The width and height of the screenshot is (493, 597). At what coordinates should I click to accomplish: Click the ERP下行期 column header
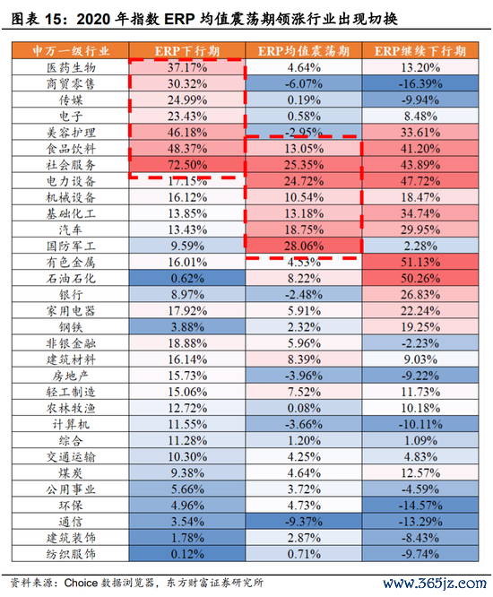coord(187,50)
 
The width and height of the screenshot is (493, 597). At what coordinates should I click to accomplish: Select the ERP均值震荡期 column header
coord(303,50)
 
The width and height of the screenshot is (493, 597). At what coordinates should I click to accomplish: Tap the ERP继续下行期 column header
coord(420,50)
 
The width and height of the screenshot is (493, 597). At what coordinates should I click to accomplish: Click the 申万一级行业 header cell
coord(71,50)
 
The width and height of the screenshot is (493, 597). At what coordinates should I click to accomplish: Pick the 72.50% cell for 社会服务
coord(187,165)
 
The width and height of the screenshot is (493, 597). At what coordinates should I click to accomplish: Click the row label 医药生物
coord(71,67)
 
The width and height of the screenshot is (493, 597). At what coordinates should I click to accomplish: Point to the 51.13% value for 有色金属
coord(420,263)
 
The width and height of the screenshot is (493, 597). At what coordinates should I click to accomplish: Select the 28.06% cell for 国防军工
coord(304,246)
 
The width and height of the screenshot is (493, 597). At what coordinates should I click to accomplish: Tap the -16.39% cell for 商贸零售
coord(420,83)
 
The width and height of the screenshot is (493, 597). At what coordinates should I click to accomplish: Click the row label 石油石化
coord(71,278)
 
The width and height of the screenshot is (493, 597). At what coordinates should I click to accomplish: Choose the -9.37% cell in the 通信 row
coord(304,522)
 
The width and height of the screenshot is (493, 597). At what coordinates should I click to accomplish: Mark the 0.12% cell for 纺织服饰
coord(187,554)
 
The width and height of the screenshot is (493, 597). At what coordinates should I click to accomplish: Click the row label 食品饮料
coord(71,149)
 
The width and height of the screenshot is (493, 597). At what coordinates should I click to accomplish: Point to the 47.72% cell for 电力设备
coord(420,181)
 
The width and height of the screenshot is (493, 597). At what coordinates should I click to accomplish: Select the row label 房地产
coord(71,376)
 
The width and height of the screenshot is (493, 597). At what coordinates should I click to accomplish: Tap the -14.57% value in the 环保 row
coord(420,506)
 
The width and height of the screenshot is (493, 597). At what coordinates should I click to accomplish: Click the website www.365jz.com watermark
coord(435,583)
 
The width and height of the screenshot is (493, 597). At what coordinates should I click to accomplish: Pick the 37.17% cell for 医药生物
coord(187,67)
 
